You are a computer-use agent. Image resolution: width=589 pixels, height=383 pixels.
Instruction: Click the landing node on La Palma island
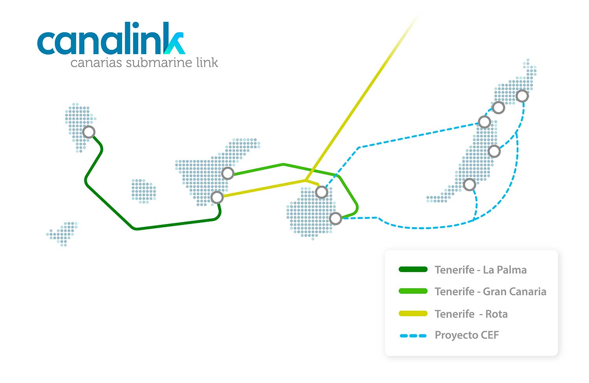[x=89, y=132]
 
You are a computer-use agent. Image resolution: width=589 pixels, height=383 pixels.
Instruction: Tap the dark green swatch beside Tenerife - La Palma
[x=413, y=270]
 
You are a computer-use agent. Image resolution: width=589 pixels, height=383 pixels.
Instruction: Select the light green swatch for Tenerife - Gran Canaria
[x=413, y=291]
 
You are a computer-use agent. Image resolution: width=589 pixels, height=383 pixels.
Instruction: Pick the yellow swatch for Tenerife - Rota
[x=413, y=313]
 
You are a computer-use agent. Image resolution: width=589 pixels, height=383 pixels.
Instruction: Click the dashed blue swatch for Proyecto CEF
[x=413, y=336]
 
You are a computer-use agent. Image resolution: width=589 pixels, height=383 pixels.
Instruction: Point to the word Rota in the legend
[x=496, y=314]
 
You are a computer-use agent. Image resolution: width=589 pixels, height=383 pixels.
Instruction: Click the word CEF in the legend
[x=490, y=335]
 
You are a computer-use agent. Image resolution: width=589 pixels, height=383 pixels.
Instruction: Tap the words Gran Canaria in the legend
[x=514, y=292]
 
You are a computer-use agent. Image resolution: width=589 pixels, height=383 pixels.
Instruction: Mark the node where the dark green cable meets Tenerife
[x=217, y=197]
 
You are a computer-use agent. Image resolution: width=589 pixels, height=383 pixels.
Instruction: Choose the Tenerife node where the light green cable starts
[x=228, y=173]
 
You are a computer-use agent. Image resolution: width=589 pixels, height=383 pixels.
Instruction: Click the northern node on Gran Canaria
[x=321, y=192]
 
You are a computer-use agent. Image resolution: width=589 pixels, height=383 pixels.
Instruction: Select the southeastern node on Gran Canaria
[x=335, y=218]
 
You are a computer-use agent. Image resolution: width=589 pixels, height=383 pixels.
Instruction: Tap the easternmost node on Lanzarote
[x=522, y=96]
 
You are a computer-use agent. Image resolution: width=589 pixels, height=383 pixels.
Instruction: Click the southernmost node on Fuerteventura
[x=470, y=184]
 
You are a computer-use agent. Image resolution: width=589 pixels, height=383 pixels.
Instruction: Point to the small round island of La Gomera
[x=144, y=191]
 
